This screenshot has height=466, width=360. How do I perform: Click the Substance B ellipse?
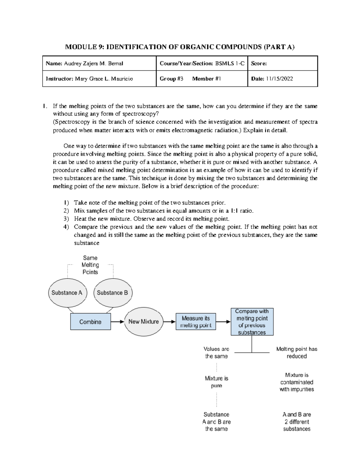pyautogui.click(x=113, y=293)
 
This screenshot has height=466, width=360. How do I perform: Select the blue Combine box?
pyautogui.click(x=90, y=322)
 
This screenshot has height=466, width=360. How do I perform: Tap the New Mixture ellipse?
pyautogui.click(x=144, y=322)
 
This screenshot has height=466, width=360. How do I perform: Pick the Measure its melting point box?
pyautogui.click(x=196, y=322)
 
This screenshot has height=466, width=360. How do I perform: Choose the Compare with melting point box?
pyautogui.click(x=252, y=322)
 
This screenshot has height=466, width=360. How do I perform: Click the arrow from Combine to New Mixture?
pyautogui.click(x=118, y=322)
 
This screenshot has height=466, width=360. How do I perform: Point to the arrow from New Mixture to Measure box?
pyautogui.click(x=169, y=322)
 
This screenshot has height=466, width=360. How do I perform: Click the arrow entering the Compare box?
pyautogui.click(x=223, y=322)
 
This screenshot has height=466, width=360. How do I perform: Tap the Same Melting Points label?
pyautogui.click(x=90, y=265)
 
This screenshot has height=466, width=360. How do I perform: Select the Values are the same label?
pyautogui.click(x=216, y=353)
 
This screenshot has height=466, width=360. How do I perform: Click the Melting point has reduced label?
pyautogui.click(x=296, y=353)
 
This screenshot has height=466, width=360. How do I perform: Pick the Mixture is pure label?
pyautogui.click(x=216, y=382)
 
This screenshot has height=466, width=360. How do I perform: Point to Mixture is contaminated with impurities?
pyautogui.click(x=296, y=382)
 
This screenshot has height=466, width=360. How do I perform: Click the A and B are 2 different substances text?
pyautogui.click(x=296, y=422)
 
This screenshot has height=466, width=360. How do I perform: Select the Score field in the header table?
pyautogui.click(x=282, y=64)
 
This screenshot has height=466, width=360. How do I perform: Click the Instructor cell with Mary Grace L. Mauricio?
pyautogui.click(x=99, y=79)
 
